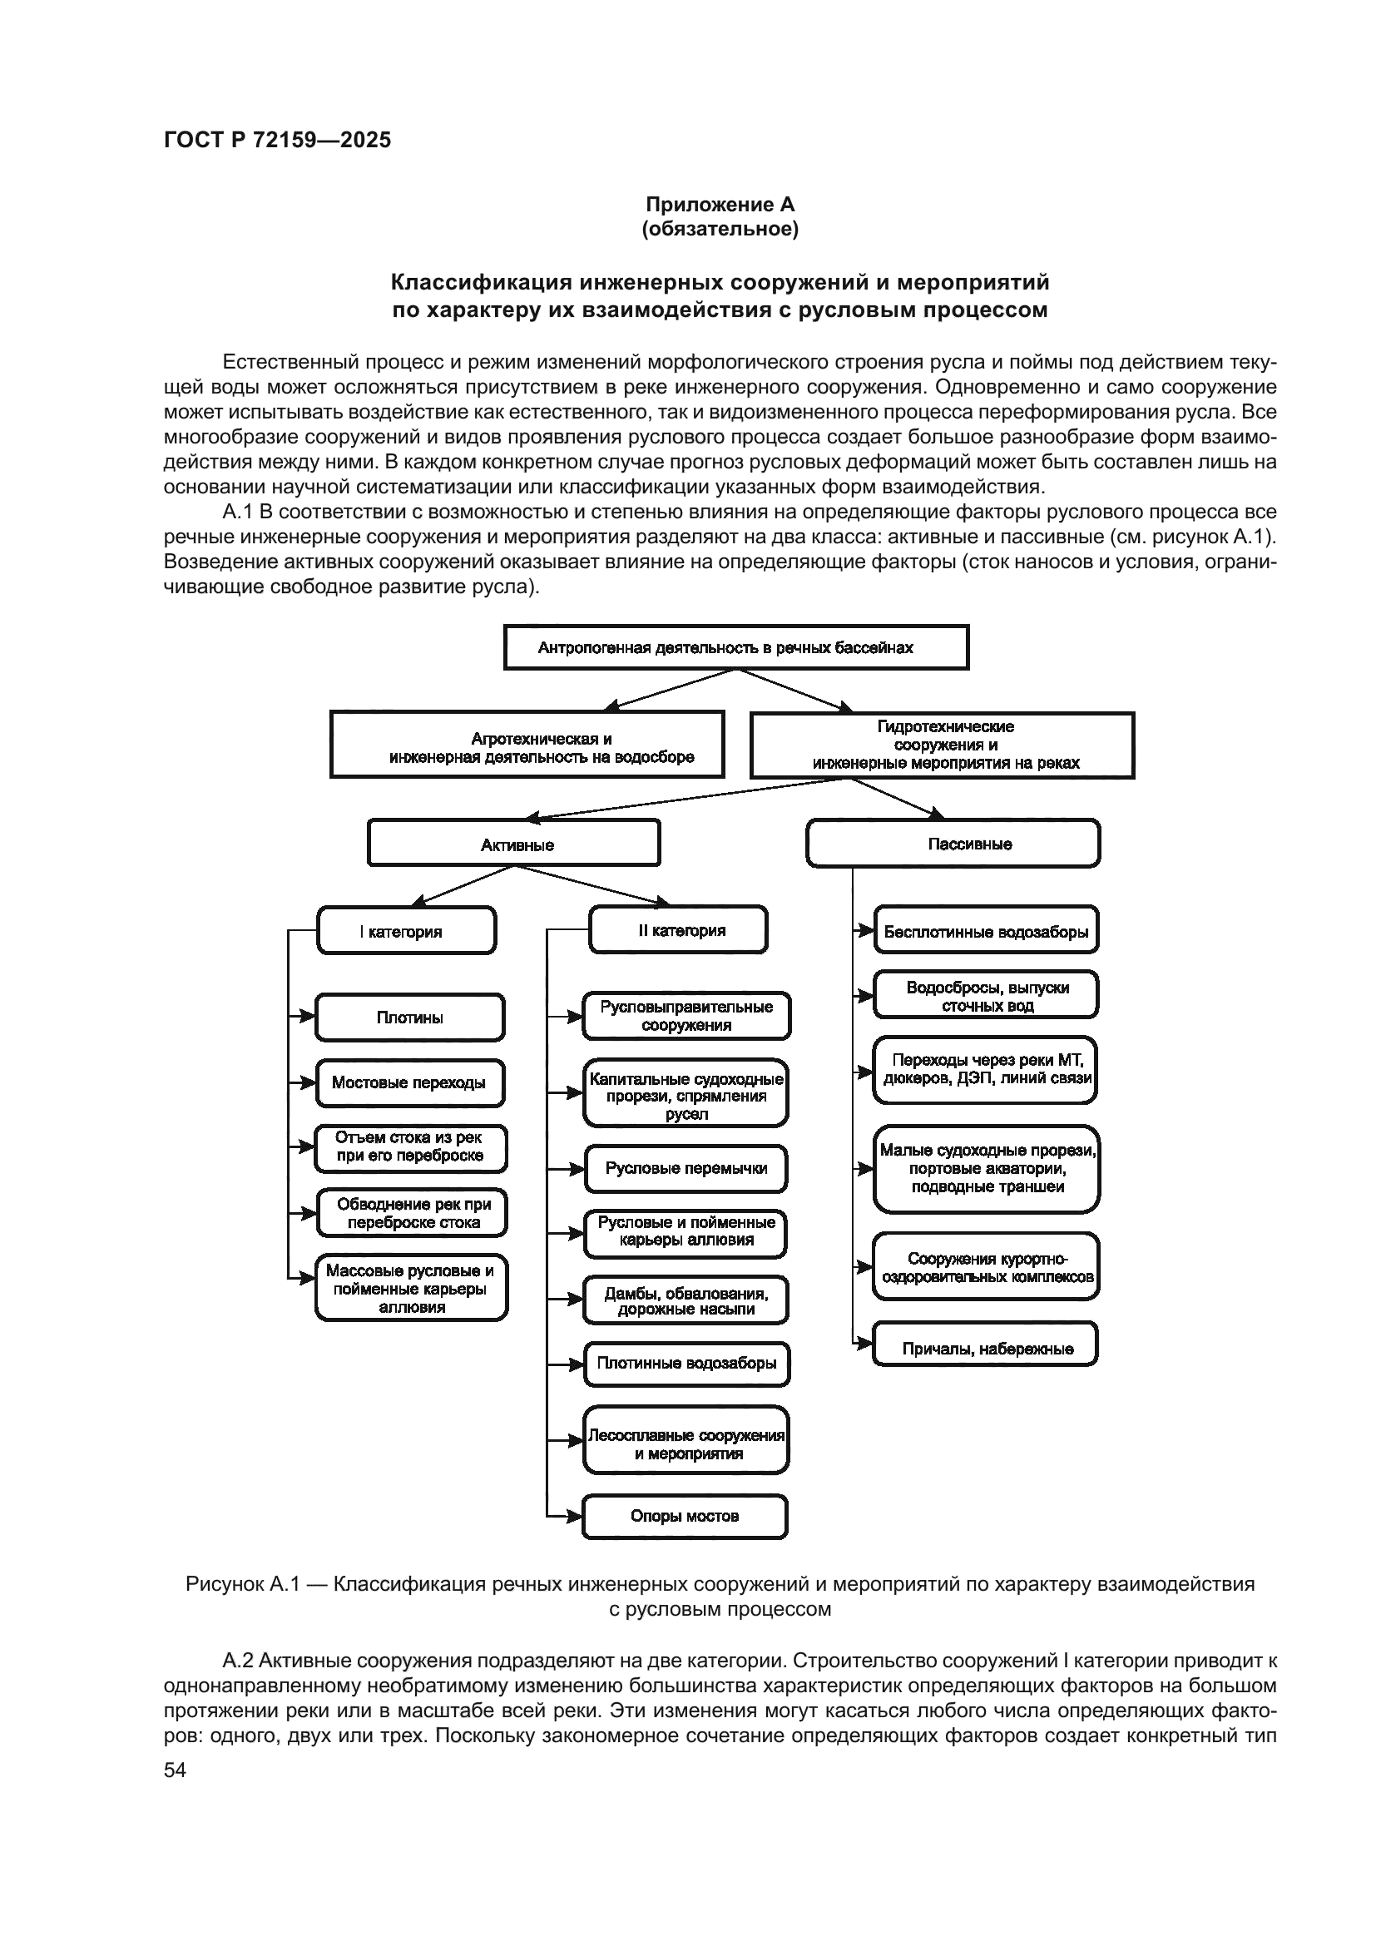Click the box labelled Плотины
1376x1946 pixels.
(x=410, y=1017)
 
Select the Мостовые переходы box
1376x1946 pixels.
(x=410, y=1083)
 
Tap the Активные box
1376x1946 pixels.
(x=513, y=844)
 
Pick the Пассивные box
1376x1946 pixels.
(x=953, y=844)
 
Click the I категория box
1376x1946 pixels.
(x=407, y=931)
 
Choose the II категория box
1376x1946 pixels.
(x=679, y=930)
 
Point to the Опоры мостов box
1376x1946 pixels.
(x=685, y=1517)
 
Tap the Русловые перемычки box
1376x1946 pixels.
(x=686, y=1169)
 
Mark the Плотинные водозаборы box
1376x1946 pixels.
(x=686, y=1364)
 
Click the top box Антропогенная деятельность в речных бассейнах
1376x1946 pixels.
(x=736, y=648)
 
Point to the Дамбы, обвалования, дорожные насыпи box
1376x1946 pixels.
(x=686, y=1300)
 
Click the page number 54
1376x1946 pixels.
(x=176, y=1770)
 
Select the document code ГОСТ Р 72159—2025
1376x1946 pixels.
(x=277, y=140)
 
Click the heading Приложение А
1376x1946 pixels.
(x=720, y=205)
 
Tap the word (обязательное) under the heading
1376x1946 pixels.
(x=720, y=229)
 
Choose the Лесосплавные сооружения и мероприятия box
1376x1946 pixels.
(x=686, y=1443)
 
